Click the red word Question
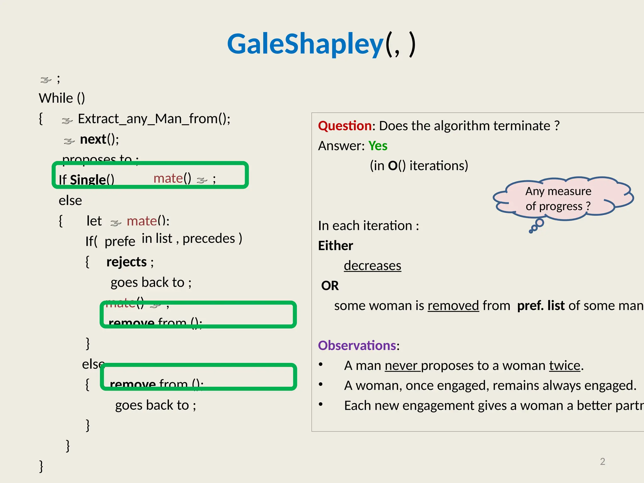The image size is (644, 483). point(345,126)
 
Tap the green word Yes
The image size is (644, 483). point(378,146)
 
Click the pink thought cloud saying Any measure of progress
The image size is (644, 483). point(558,198)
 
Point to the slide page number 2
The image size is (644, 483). point(602,461)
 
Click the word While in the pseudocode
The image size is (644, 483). point(56,98)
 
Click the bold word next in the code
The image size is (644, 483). point(93,139)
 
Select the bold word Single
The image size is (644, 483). point(88,180)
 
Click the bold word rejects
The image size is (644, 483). point(126,262)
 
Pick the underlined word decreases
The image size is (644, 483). point(372,266)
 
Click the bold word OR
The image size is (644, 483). point(330,286)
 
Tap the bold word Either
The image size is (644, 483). point(336,246)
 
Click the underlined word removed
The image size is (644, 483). point(453,306)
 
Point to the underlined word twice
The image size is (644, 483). point(564,366)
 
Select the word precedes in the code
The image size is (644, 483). point(209,239)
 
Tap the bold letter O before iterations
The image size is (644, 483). point(392,166)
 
